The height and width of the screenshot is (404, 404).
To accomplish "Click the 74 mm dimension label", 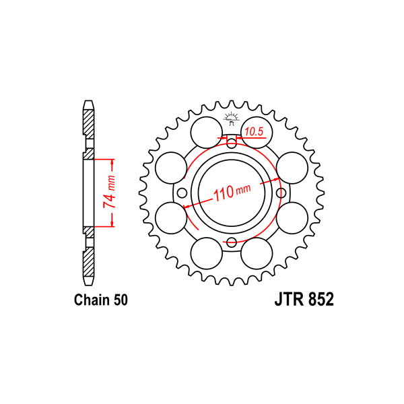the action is [109, 192].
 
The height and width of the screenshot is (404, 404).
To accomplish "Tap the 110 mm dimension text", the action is [232, 192].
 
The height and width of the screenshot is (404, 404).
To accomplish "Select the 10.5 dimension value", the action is [254, 132].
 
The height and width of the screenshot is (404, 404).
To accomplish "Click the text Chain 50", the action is [101, 300].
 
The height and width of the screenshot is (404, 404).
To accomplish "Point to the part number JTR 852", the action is [304, 299].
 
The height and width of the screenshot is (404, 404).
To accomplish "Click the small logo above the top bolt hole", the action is [232, 119].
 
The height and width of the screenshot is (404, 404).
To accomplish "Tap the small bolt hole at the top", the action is [232, 143].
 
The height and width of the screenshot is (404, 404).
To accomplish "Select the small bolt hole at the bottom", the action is [232, 242].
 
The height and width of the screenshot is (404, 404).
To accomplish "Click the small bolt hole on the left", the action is [182, 193].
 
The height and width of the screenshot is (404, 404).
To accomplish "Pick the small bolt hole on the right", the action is [281, 193].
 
